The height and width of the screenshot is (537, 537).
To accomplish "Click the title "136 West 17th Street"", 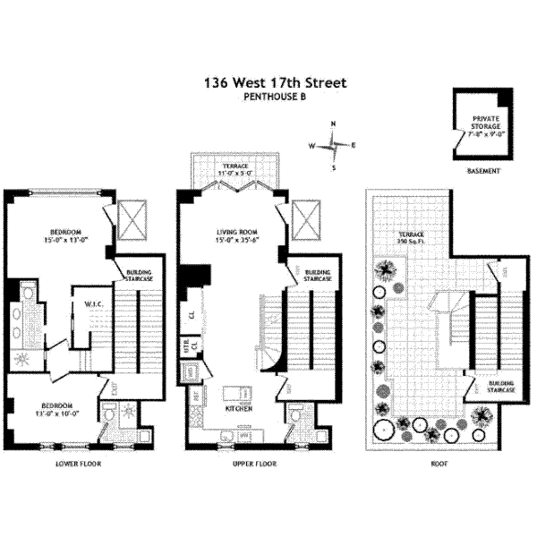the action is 275,84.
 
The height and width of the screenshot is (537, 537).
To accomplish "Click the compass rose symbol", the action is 332,145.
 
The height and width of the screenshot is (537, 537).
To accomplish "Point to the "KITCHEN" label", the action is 237,408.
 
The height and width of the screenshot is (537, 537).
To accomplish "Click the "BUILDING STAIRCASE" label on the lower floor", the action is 138,277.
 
